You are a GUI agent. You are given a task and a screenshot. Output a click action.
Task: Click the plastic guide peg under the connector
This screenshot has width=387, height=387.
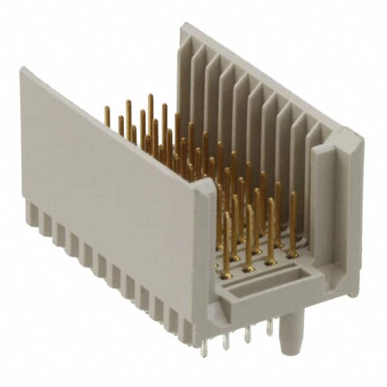point(283,340)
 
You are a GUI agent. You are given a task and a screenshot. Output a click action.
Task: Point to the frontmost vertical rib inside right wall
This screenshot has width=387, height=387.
point(312,155)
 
